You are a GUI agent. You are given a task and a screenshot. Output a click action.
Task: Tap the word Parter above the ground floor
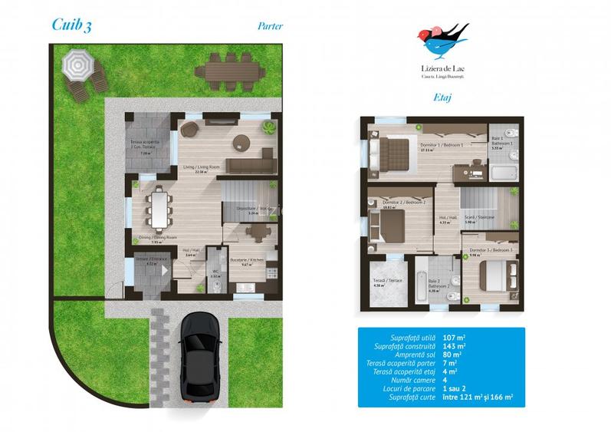270,25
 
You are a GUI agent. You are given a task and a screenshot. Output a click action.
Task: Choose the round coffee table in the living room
243,141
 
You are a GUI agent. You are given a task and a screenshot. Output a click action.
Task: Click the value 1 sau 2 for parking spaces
480,387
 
